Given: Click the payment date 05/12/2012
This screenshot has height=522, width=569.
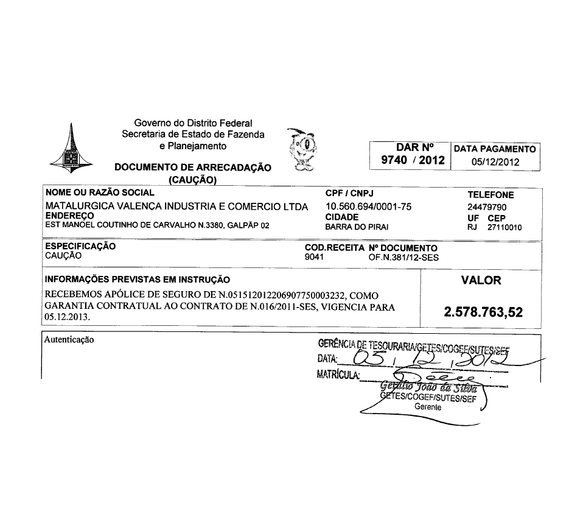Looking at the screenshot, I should coord(495,161).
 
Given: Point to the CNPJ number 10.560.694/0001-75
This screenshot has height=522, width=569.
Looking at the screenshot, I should coord(369,206).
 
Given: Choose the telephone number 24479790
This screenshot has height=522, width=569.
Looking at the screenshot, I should coord(484,207).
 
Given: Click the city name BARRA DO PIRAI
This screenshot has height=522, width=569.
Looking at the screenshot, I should coord(357,227).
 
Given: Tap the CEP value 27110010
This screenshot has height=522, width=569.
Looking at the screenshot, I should coord(504,227).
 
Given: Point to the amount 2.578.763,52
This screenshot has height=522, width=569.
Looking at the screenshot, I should coord(484,312).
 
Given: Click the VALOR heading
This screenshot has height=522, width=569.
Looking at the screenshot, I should coord(481,281).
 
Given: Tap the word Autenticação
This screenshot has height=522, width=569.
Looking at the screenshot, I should coord(69,339).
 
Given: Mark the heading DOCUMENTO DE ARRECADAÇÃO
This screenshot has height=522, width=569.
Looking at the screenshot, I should coord(193,168).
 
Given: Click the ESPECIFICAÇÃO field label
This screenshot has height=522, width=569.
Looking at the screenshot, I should coord(81,247).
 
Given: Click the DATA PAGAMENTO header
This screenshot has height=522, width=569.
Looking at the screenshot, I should coord(495,149).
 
